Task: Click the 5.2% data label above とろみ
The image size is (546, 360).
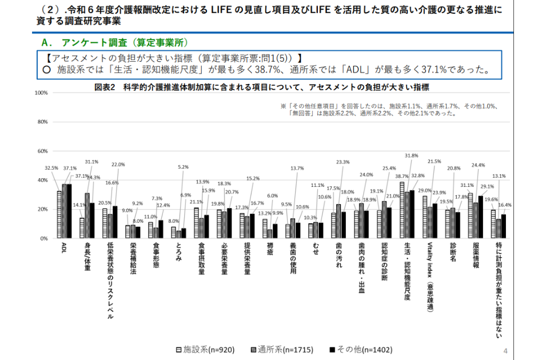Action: (183, 167)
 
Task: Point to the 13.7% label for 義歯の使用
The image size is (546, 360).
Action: (297, 169)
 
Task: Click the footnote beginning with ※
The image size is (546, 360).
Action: (389, 109)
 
